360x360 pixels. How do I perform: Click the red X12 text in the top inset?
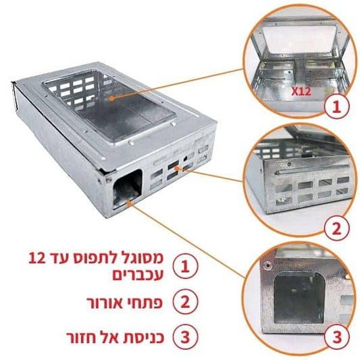(301, 91)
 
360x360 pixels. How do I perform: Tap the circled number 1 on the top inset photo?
(337, 106)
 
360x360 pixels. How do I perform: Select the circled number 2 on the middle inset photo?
(337, 228)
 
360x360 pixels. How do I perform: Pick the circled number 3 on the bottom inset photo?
(337, 337)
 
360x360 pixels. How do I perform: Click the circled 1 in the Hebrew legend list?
(185, 266)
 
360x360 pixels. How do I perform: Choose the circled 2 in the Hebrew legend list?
(185, 302)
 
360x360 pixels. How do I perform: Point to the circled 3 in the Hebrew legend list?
(185, 337)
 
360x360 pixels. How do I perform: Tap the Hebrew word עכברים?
(138, 275)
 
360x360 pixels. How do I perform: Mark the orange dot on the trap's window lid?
(111, 98)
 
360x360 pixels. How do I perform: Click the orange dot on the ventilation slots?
(176, 169)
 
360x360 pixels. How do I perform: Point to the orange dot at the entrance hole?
(129, 203)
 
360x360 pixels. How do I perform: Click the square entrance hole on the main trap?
(127, 188)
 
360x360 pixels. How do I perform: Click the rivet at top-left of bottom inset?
(267, 266)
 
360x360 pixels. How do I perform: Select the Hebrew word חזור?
(81, 338)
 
